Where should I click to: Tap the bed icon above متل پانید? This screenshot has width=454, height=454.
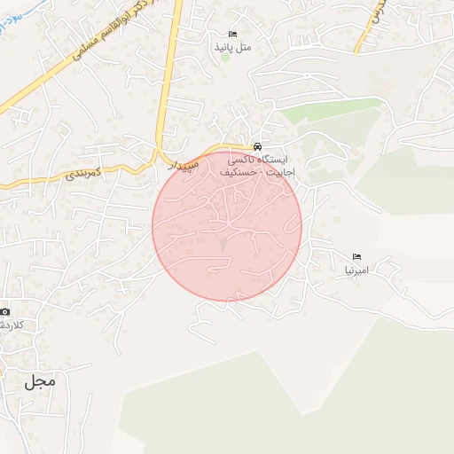pyautogui.click(x=233, y=33)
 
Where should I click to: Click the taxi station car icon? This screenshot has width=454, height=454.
pyautogui.click(x=257, y=146)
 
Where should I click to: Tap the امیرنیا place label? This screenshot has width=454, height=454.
pyautogui.click(x=356, y=268)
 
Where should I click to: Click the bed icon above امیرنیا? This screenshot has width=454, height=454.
pyautogui.click(x=356, y=255)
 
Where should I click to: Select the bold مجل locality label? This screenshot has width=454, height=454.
pyautogui.click(x=40, y=381)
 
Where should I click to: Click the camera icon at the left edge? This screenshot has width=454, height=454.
pyautogui.click(x=5, y=311)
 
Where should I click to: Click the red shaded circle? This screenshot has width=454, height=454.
pyautogui.click(x=227, y=226)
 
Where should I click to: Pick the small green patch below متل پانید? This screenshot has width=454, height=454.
pyautogui.click(x=225, y=59)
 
